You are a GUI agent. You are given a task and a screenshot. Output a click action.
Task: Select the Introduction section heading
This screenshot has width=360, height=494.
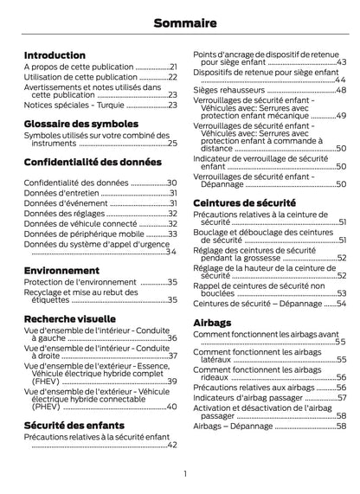point(55,54)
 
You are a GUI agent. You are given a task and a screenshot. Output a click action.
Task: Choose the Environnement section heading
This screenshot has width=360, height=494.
point(60,270)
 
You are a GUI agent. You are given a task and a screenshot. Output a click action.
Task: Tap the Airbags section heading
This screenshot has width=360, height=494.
point(212,322)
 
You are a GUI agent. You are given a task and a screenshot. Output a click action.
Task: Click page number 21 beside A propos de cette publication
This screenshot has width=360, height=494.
point(173,67)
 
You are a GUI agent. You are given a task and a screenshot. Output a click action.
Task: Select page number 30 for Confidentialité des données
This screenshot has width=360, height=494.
point(172,183)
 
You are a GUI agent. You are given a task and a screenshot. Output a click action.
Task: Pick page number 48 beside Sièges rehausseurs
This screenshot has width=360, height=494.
point(341,90)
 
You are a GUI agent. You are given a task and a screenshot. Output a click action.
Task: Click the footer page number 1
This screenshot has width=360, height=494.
point(184,473)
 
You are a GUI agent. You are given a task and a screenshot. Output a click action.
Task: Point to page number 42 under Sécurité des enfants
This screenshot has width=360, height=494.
point(172,446)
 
